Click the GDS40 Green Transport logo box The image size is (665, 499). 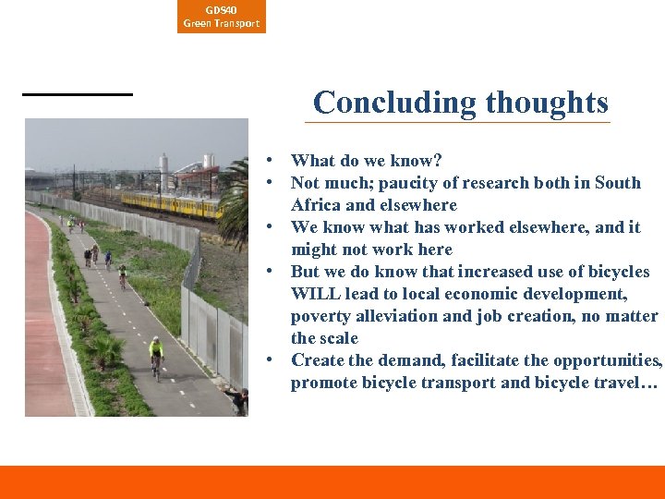221,17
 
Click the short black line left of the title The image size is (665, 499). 78,93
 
